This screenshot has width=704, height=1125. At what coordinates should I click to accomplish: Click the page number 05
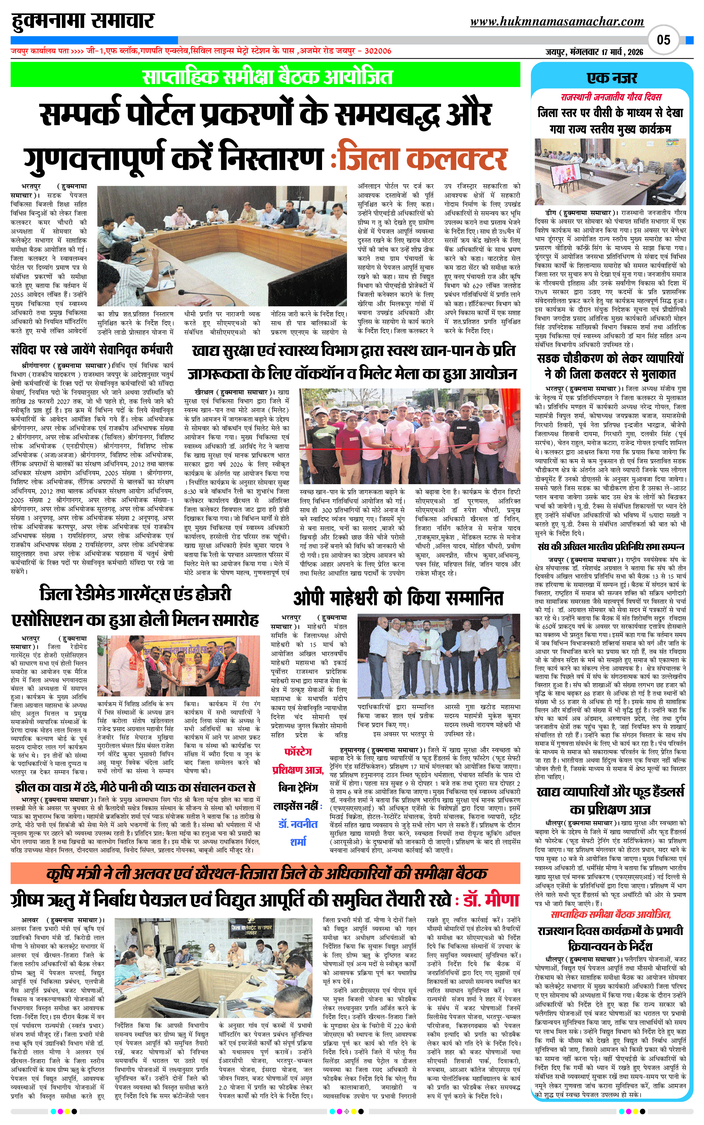[663, 40]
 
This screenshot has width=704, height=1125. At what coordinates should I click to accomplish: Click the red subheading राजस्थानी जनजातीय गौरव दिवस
[611, 97]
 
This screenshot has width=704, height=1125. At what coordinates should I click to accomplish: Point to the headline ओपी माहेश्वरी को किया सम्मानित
[398, 597]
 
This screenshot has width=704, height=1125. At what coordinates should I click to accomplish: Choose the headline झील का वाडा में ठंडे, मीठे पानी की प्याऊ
[135, 787]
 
